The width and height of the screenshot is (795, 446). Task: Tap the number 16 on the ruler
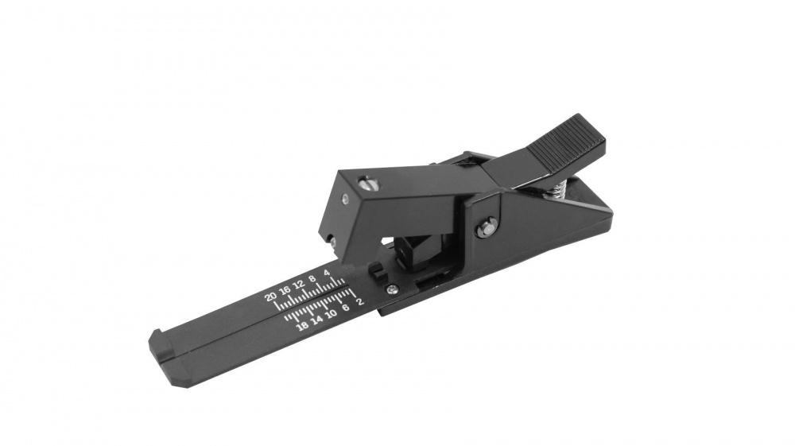coord(285,290)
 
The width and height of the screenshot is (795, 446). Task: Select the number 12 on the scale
coord(299,285)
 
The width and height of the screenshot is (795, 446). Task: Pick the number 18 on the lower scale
coord(301,326)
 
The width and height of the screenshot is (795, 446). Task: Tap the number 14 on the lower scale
coord(316,320)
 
